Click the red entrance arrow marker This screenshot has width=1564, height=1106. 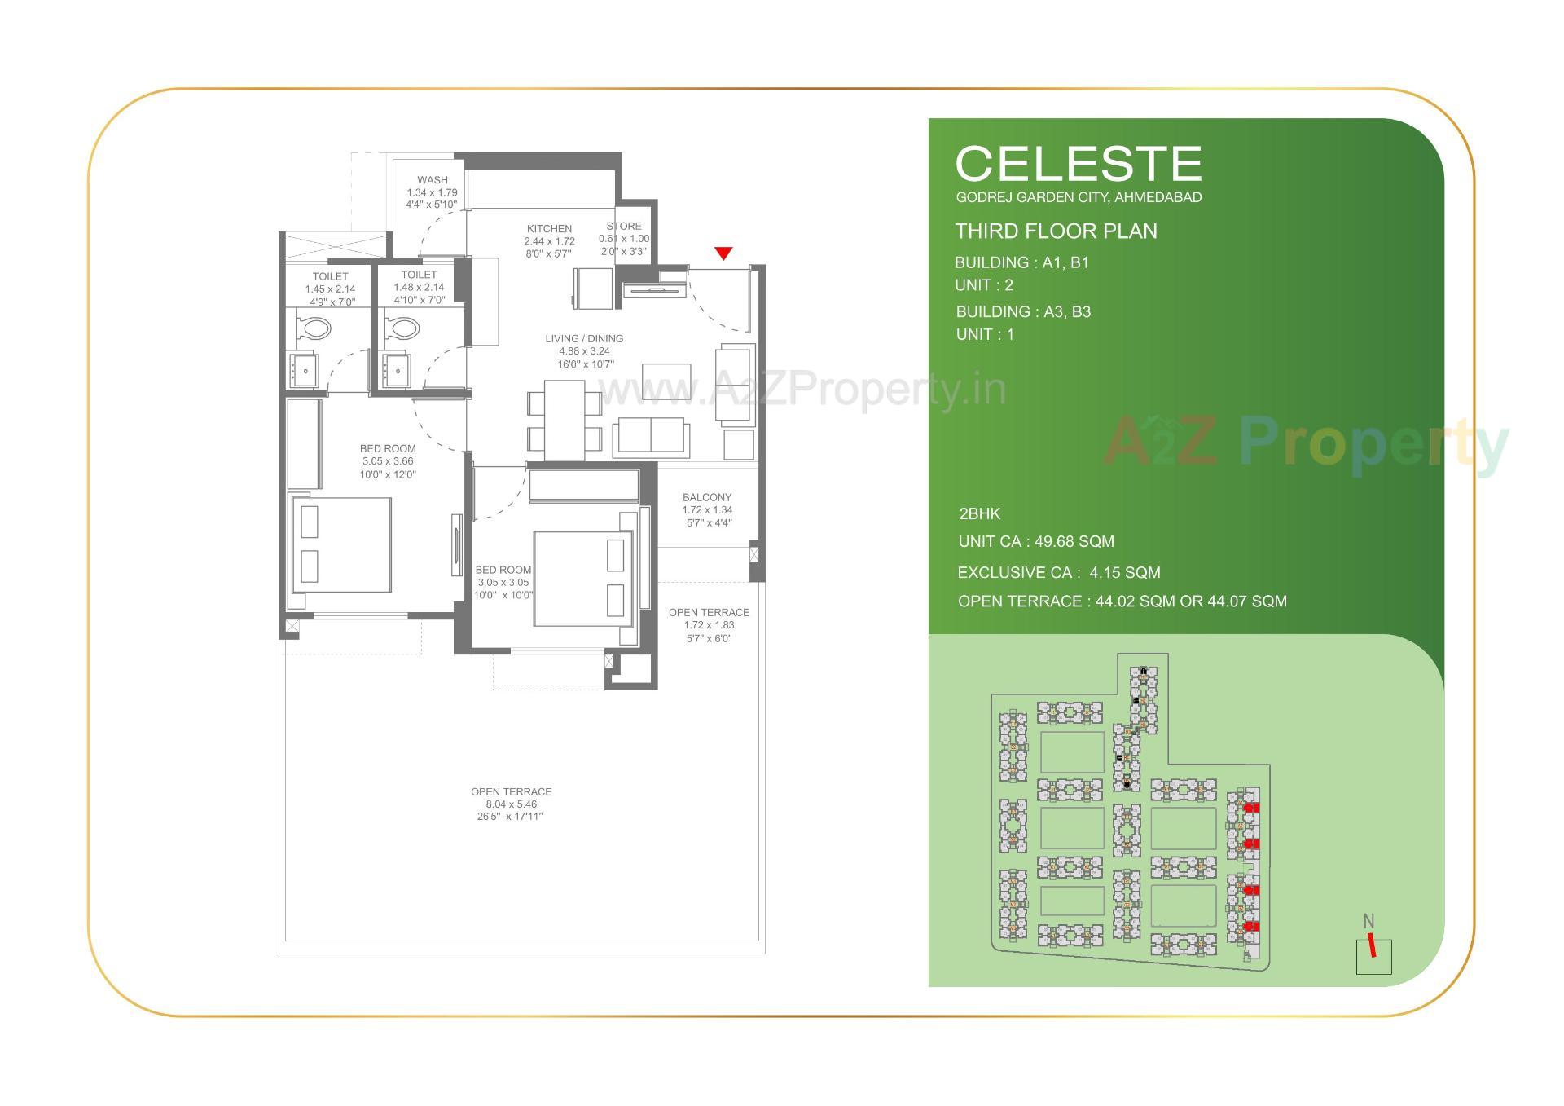(x=723, y=253)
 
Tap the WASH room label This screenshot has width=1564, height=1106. (x=432, y=180)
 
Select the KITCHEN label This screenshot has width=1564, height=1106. (x=549, y=229)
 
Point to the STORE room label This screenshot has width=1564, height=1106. (x=624, y=226)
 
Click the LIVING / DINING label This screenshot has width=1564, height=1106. (x=584, y=338)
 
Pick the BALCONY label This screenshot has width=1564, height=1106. (x=707, y=497)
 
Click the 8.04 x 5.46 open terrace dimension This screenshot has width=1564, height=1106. (x=512, y=804)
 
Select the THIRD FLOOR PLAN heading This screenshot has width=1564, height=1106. (x=1056, y=231)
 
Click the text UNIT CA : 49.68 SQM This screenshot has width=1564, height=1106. (x=1036, y=542)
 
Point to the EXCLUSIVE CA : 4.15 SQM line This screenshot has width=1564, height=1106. (x=1059, y=573)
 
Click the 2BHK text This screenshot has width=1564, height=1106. (x=979, y=514)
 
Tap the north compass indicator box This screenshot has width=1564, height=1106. (x=1373, y=956)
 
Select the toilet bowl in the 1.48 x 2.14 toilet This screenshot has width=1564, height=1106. (x=401, y=328)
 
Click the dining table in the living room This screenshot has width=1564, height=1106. (x=565, y=420)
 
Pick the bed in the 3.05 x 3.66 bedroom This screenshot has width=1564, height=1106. (x=341, y=544)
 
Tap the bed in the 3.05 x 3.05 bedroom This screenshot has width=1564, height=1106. (x=583, y=579)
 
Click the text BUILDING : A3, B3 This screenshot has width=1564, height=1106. (x=1023, y=312)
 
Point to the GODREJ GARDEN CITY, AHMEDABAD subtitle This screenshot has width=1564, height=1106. (x=1079, y=197)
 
